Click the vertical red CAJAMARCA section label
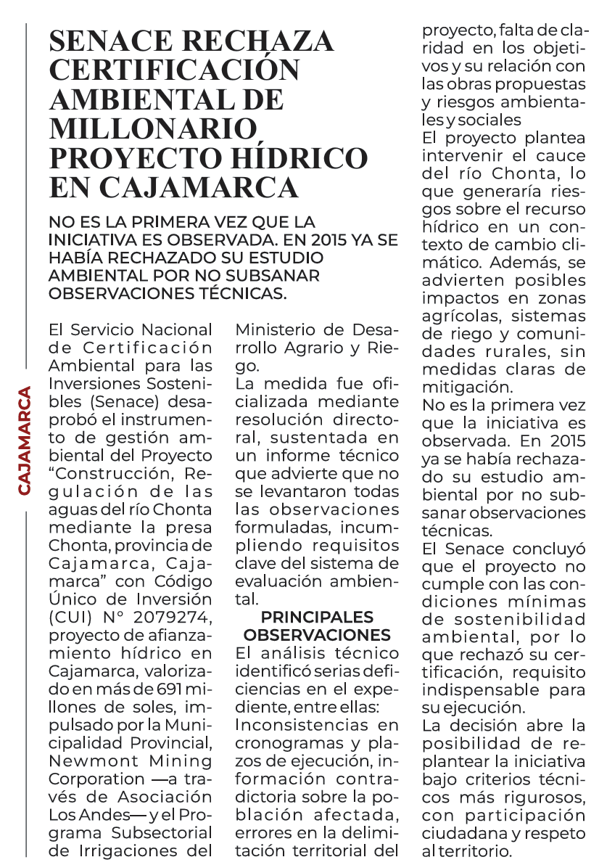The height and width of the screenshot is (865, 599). click(25, 441)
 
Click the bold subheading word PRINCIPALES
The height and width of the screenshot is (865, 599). click(317, 617)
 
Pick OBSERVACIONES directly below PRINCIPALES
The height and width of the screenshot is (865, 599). click(317, 635)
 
